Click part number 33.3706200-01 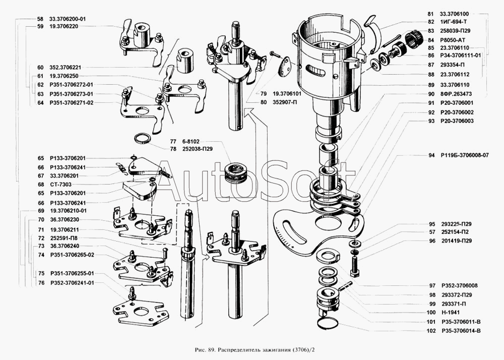point(68,19)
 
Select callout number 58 point(40,19)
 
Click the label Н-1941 point(450,313)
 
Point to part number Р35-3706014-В point(461,331)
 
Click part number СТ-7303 point(60,184)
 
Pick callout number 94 point(431,155)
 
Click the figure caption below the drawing point(251,349)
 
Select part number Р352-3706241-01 point(72,283)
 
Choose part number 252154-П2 point(458,232)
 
